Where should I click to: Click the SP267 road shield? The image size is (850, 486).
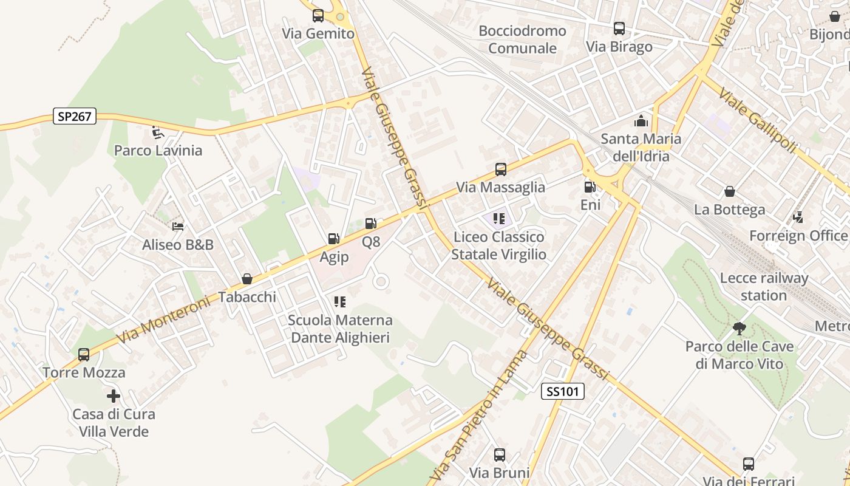(75, 116)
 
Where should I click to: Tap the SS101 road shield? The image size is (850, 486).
(562, 392)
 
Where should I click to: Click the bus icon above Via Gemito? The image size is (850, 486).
(318, 16)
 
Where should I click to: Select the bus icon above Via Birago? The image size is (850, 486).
(619, 29)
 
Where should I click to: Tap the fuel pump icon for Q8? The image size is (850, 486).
(370, 224)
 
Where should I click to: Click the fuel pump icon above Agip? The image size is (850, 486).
(333, 239)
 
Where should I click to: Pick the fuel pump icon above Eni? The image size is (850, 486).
(589, 187)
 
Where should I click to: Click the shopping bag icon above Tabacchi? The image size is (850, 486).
(247, 279)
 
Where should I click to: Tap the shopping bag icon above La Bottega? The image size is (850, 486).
(729, 191)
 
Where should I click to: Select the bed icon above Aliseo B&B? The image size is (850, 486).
(177, 227)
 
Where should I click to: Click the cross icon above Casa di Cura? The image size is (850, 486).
(114, 396)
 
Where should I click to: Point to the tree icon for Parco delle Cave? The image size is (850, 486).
(739, 329)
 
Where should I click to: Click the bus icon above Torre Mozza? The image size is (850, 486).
(84, 354)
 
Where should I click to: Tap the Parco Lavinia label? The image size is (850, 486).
(158, 150)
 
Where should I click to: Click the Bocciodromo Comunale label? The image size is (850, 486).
(522, 39)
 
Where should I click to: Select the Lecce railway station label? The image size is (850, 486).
(764, 287)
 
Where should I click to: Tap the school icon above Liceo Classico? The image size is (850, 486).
(499, 218)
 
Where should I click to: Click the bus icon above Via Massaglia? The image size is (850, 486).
(500, 169)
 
